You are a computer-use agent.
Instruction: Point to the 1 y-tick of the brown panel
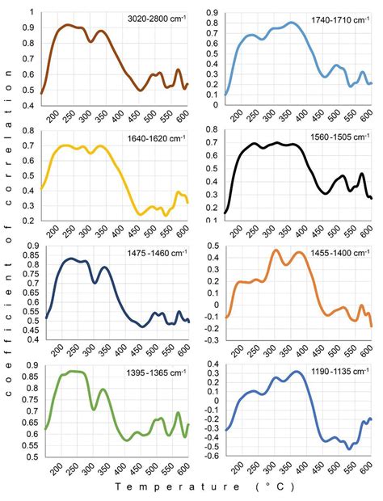click(32, 12)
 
